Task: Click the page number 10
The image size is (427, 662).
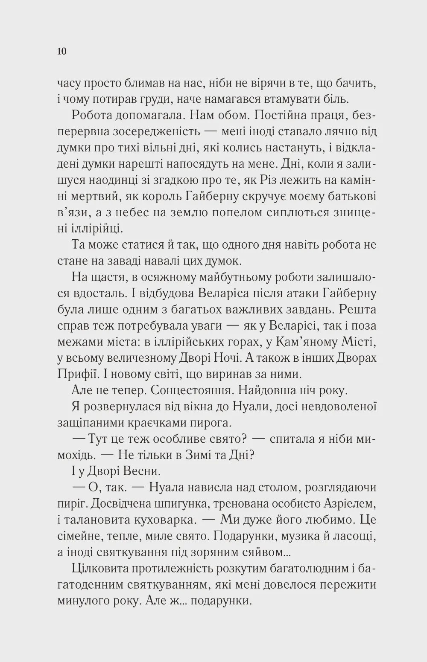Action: (61, 52)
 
